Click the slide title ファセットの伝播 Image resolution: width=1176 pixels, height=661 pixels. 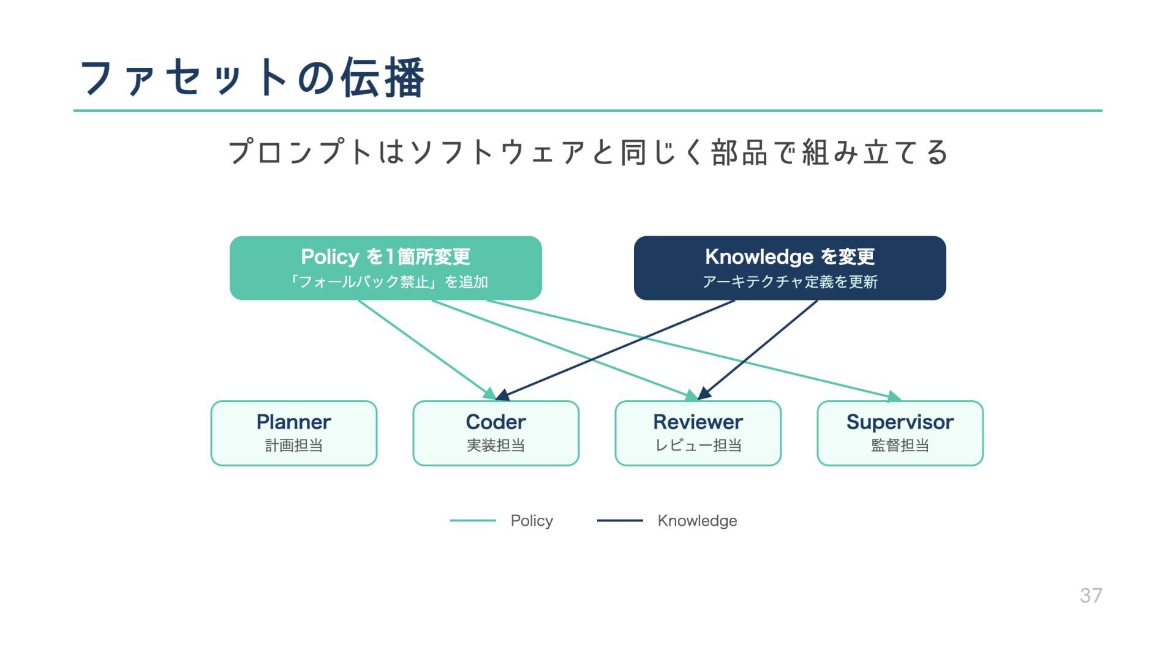[x=252, y=78]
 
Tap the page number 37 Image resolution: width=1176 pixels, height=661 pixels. [x=1090, y=596]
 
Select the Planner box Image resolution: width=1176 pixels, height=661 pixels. [x=294, y=433]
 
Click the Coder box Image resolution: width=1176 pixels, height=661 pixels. [x=496, y=433]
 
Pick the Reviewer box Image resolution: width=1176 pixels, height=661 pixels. [x=698, y=433]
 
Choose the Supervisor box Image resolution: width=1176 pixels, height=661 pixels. [x=900, y=433]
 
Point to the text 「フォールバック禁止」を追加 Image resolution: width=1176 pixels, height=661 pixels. [x=387, y=282]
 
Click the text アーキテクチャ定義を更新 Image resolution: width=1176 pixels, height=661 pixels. [x=790, y=282]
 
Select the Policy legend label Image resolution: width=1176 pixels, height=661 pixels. [x=532, y=521]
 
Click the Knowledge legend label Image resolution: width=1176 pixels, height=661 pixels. [x=697, y=521]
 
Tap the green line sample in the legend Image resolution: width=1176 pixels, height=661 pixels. [x=473, y=521]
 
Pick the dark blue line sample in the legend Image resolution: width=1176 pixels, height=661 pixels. [x=620, y=521]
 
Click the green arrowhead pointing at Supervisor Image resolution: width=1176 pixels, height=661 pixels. [x=895, y=397]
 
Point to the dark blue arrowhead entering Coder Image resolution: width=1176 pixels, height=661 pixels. [x=503, y=395]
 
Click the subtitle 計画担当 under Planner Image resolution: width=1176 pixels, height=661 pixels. [x=294, y=446]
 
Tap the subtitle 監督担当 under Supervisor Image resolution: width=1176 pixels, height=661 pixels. [x=900, y=446]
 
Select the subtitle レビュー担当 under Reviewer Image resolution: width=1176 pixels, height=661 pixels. [x=698, y=446]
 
